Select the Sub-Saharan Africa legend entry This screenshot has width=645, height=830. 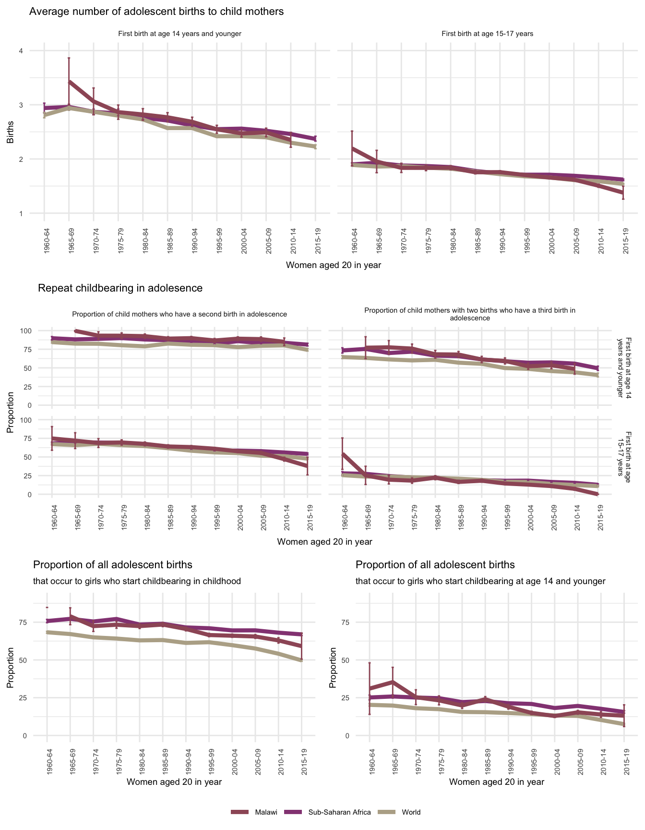click(x=339, y=812)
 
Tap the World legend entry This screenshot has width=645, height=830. click(x=411, y=812)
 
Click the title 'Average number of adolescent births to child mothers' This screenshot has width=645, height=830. click(x=156, y=12)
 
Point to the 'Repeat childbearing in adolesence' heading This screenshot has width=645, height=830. click(x=120, y=288)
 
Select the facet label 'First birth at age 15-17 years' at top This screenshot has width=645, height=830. click(x=487, y=34)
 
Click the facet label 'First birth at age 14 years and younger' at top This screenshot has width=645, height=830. click(x=179, y=34)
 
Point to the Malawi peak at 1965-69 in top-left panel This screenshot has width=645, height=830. click(x=70, y=82)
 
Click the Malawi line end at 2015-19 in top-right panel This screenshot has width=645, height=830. click(x=623, y=193)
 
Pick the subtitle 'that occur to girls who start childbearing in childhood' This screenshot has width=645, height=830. click(x=137, y=581)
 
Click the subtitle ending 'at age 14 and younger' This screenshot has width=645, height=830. click(x=480, y=581)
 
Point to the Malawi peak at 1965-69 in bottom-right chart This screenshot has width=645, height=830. click(x=393, y=682)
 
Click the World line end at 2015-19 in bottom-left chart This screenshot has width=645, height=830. click(x=301, y=660)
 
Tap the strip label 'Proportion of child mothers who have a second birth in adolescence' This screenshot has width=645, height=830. click(x=179, y=314)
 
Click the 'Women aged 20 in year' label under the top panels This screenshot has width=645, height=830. click(x=333, y=265)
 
